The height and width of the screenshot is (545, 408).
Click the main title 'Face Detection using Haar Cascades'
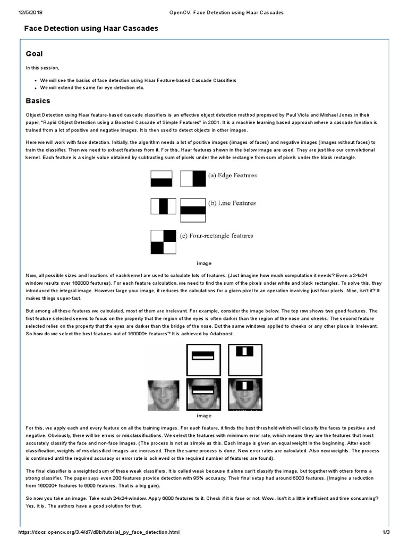pos(91,28)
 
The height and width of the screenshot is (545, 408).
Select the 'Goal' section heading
pos(35,54)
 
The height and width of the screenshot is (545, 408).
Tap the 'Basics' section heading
pos(38,101)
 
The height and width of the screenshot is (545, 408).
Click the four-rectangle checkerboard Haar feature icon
pos(163,242)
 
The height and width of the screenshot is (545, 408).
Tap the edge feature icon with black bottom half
pos(162,178)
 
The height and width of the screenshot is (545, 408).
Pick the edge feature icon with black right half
pos(192,178)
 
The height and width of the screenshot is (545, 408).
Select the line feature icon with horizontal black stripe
pos(192,210)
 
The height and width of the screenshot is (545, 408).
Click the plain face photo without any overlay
pos(163,394)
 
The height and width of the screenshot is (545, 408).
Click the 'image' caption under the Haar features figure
pos(204,263)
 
